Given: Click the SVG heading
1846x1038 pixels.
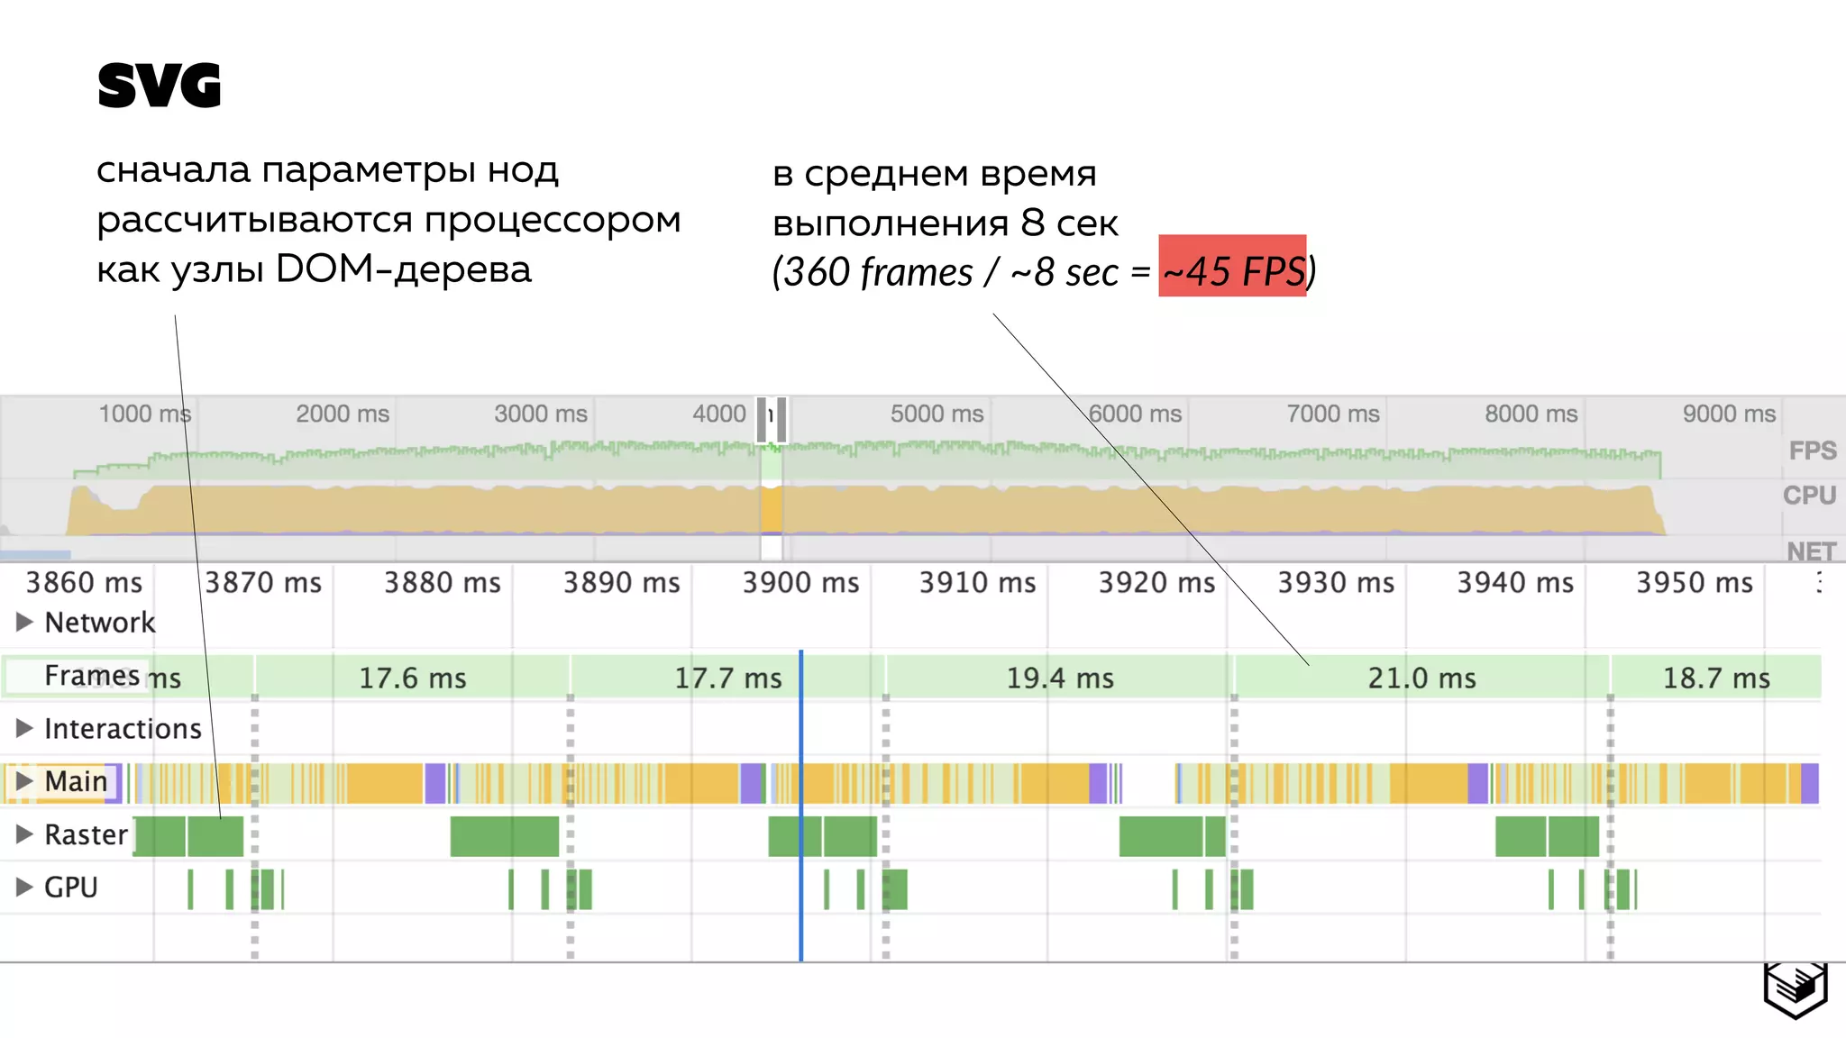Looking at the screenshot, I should (159, 86).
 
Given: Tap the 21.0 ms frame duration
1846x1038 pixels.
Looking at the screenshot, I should (1421, 678).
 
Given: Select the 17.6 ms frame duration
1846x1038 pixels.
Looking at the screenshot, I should (413, 678).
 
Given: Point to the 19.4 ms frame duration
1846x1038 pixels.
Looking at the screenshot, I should (1060, 678).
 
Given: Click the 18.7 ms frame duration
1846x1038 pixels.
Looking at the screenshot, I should (1716, 678).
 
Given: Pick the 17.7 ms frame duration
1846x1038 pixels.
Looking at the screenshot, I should (728, 678).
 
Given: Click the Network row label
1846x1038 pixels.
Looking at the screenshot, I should (99, 622).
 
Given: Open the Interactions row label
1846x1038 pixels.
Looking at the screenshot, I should (123, 728).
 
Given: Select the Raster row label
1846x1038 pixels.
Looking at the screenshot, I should (86, 834).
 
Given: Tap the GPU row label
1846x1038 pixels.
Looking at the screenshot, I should (70, 887).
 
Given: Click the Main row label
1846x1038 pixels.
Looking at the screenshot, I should (76, 781).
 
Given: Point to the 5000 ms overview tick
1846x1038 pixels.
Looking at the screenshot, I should (937, 414).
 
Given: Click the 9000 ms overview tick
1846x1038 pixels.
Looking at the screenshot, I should (1729, 414).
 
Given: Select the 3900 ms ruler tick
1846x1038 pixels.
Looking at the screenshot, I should (800, 583).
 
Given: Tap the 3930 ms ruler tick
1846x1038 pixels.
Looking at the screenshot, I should (1336, 583).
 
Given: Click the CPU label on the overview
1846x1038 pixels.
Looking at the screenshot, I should (1809, 495).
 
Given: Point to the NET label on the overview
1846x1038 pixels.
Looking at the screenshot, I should (1811, 551).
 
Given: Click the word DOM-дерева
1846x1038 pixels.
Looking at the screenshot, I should (403, 269).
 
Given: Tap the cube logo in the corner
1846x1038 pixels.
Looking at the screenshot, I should (1795, 989).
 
